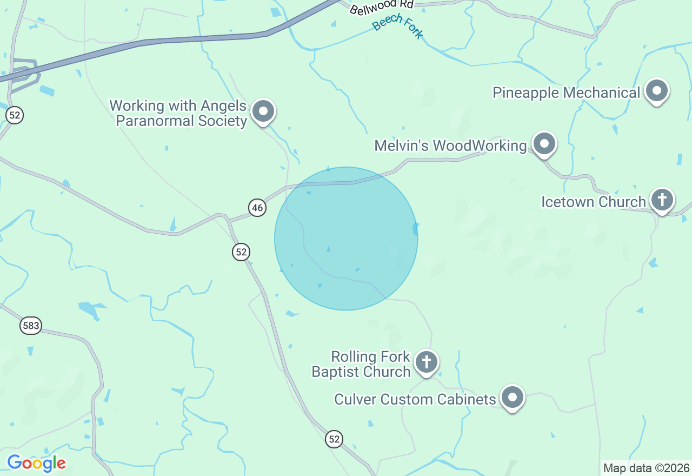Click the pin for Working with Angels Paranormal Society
[263, 111]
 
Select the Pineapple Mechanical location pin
[657, 91]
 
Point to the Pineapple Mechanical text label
[566, 92]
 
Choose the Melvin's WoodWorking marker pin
[544, 144]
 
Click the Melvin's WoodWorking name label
[450, 146]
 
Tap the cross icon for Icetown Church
[662, 200]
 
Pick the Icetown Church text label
[594, 202]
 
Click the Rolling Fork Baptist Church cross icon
[427, 362]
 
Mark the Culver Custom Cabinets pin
[513, 398]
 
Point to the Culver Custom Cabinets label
[415, 399]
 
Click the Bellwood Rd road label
[381, 6]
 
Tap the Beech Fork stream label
[398, 25]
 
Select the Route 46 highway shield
[257, 207]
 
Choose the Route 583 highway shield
[31, 325]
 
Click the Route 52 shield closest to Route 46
[241, 252]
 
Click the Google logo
[37, 463]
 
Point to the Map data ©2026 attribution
[646, 468]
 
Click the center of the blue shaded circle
[346, 239]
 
